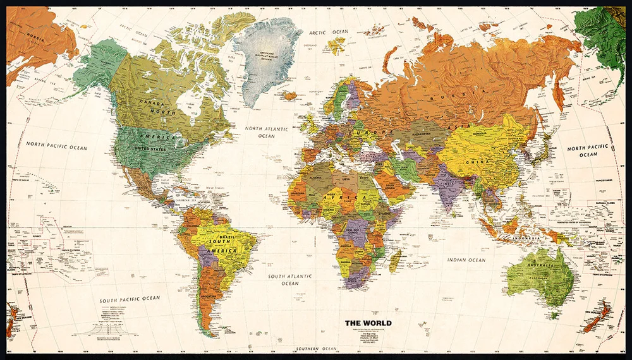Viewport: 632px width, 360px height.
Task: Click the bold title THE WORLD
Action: click(x=368, y=323)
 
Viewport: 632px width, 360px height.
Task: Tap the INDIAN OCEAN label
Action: click(x=466, y=260)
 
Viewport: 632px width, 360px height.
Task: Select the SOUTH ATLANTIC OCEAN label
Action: click(x=291, y=280)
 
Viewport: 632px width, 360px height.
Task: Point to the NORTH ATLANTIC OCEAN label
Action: click(x=266, y=132)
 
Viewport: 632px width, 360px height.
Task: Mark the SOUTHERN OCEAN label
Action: click(x=316, y=349)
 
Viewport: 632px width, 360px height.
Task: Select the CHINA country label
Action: click(x=478, y=162)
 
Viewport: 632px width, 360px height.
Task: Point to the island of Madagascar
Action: click(x=395, y=260)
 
